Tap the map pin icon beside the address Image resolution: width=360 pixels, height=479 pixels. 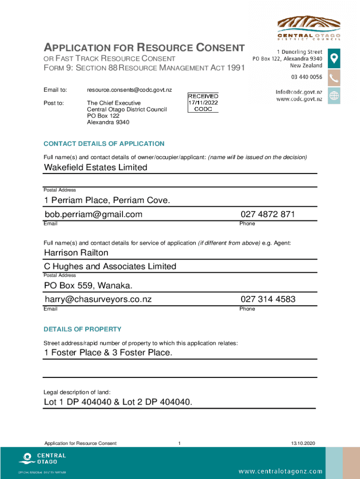(334, 58)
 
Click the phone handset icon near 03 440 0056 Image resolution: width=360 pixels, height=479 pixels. (334, 77)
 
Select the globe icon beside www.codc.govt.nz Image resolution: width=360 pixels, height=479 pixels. (334, 96)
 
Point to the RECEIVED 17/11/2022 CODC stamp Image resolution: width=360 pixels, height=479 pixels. (203, 102)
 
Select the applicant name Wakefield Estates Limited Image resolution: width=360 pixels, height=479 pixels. (96, 167)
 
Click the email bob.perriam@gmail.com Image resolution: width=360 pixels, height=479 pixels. (94, 214)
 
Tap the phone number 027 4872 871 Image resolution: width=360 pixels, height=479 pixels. (268, 214)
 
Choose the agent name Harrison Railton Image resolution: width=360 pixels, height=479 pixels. (76, 253)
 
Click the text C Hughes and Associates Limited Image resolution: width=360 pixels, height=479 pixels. (110, 267)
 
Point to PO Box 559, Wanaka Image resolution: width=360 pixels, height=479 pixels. (88, 285)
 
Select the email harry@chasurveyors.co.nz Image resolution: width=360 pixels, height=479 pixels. (98, 299)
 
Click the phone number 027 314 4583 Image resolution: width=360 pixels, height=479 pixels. (268, 299)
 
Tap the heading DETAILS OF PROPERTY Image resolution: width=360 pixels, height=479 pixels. (82, 329)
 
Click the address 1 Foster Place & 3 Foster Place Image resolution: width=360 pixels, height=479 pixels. (108, 353)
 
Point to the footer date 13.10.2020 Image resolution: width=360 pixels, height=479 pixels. (303, 443)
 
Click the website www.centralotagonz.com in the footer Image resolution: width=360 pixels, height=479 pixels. (281, 471)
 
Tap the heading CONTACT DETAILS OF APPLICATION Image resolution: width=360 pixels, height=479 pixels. (104, 144)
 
